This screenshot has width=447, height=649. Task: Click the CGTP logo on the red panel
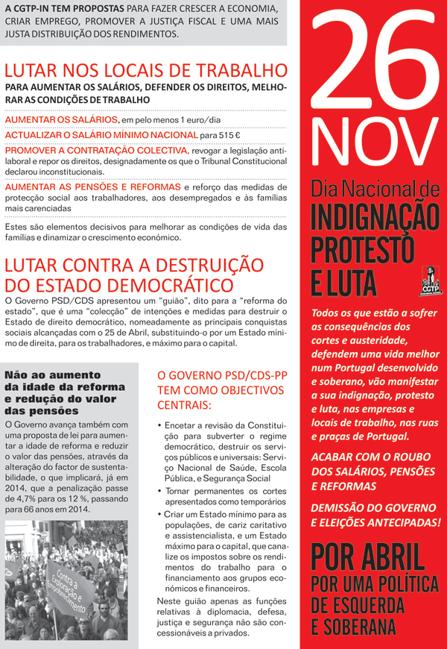(x=428, y=281)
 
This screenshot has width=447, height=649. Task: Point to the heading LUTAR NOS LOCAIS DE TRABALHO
(x=146, y=72)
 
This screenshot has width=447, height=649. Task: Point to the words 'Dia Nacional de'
(x=375, y=186)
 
